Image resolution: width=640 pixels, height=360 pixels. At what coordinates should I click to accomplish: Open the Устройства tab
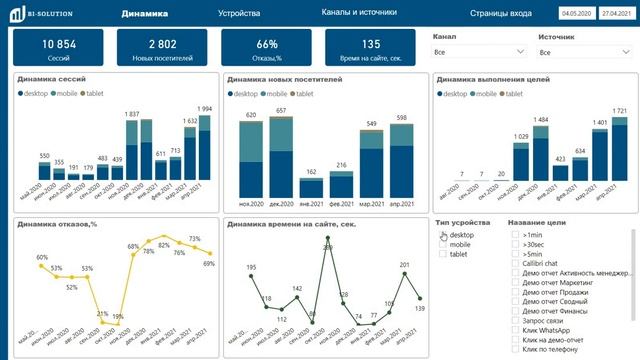coord(239,14)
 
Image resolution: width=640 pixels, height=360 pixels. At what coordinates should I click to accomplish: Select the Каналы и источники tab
coord(359,13)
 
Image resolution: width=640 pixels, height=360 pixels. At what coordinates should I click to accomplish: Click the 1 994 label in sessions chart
coord(204,109)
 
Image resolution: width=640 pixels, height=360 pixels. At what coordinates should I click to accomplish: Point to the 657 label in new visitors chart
coord(282,110)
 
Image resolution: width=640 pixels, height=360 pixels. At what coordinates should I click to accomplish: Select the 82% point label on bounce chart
coord(164,244)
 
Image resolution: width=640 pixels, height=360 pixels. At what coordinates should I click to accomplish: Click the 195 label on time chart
coord(251,267)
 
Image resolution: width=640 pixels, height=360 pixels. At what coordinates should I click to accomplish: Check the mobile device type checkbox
coord(443,244)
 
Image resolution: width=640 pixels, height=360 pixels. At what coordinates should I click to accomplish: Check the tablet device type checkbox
coord(443,254)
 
